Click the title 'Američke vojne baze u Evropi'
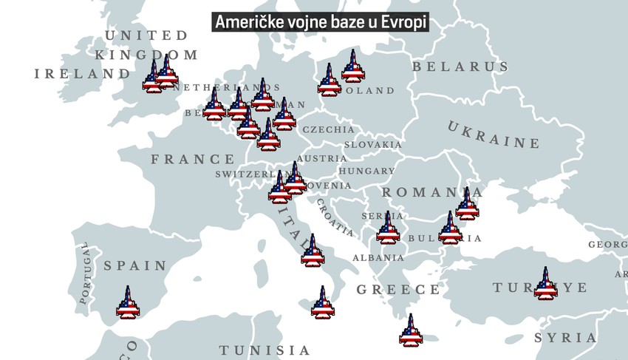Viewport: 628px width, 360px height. pos(321,22)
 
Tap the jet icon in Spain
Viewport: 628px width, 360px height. pos(128,302)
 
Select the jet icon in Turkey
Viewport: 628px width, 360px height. pos(545,284)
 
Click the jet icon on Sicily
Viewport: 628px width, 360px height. pos(322,303)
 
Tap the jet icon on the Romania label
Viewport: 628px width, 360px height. pos(467,204)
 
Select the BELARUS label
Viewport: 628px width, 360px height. pos(460,67)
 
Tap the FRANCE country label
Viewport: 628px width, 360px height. pos(192,159)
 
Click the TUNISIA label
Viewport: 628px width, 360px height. pos(264,350)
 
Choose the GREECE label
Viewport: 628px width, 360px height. pos(398,290)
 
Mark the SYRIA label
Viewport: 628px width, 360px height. pos(565,338)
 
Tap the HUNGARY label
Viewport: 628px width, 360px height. pos(366,171)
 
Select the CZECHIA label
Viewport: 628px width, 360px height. pos(328,129)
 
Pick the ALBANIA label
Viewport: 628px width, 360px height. pos(378,258)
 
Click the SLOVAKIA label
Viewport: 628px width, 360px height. pos(372,145)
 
